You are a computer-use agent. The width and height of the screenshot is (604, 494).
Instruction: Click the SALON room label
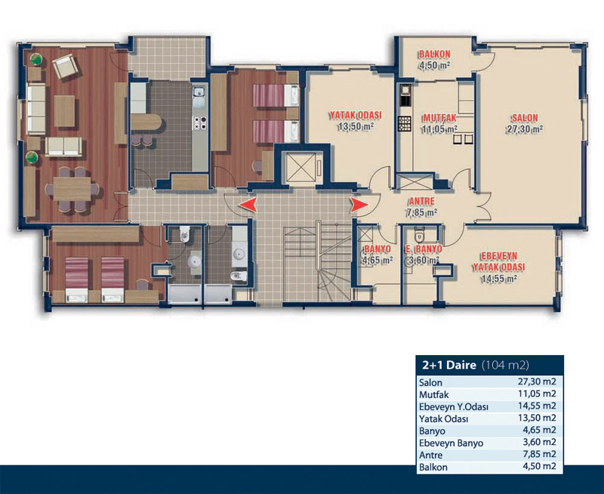525,118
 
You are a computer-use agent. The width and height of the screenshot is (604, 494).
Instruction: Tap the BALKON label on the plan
435,54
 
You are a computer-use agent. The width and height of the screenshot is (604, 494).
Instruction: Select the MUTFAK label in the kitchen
439,118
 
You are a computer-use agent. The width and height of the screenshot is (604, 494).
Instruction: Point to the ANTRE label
422,201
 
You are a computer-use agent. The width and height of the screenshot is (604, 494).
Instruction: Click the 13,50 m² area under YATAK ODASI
356,126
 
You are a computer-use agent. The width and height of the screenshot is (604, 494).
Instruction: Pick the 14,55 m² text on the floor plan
498,278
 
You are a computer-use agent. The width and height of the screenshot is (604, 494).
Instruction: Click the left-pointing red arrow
248,205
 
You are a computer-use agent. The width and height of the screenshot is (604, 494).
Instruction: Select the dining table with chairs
72,189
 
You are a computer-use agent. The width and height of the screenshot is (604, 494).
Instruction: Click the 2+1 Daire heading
449,365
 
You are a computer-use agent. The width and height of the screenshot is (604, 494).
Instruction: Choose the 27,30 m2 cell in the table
537,382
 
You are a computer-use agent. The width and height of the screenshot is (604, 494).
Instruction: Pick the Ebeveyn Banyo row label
451,443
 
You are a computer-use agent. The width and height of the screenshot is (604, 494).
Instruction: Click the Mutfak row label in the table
433,394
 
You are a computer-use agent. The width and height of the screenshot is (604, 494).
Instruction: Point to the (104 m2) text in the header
505,365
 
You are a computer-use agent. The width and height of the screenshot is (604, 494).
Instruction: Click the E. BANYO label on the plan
424,249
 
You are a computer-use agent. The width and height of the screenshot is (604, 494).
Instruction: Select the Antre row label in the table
430,455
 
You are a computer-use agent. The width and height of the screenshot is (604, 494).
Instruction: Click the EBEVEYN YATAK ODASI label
499,261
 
